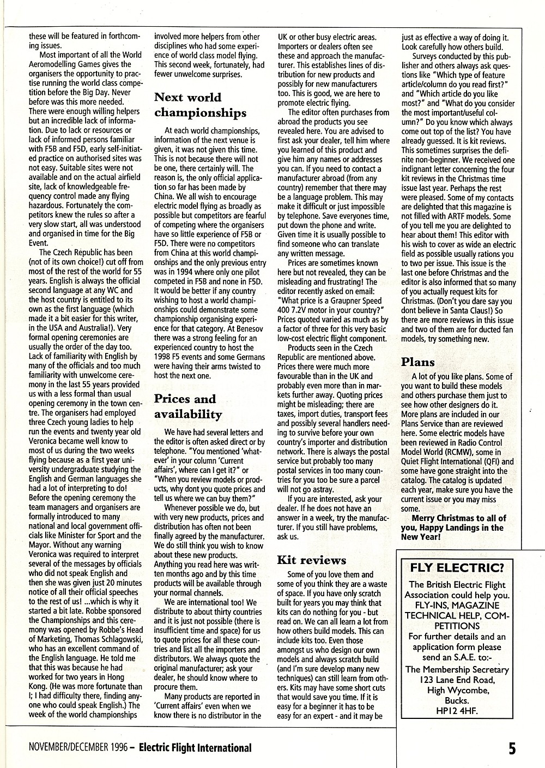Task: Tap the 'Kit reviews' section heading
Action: pos(311,560)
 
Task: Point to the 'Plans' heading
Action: pos(418,362)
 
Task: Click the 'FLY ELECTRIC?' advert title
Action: pos(457,568)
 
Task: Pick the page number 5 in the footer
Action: pos(512,748)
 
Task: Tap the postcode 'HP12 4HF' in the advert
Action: pos(457,711)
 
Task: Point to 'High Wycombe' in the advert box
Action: pos(457,690)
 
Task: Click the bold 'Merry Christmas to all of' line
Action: pos(459,518)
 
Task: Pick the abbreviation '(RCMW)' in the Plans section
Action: pos(447,452)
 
